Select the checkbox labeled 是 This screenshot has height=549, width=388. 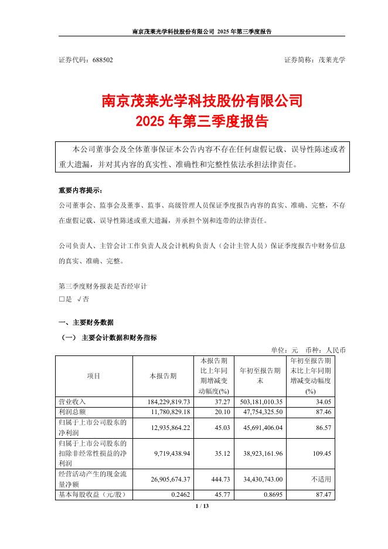62,299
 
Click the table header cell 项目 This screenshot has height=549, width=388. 93,375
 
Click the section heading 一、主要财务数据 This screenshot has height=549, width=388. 86,323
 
